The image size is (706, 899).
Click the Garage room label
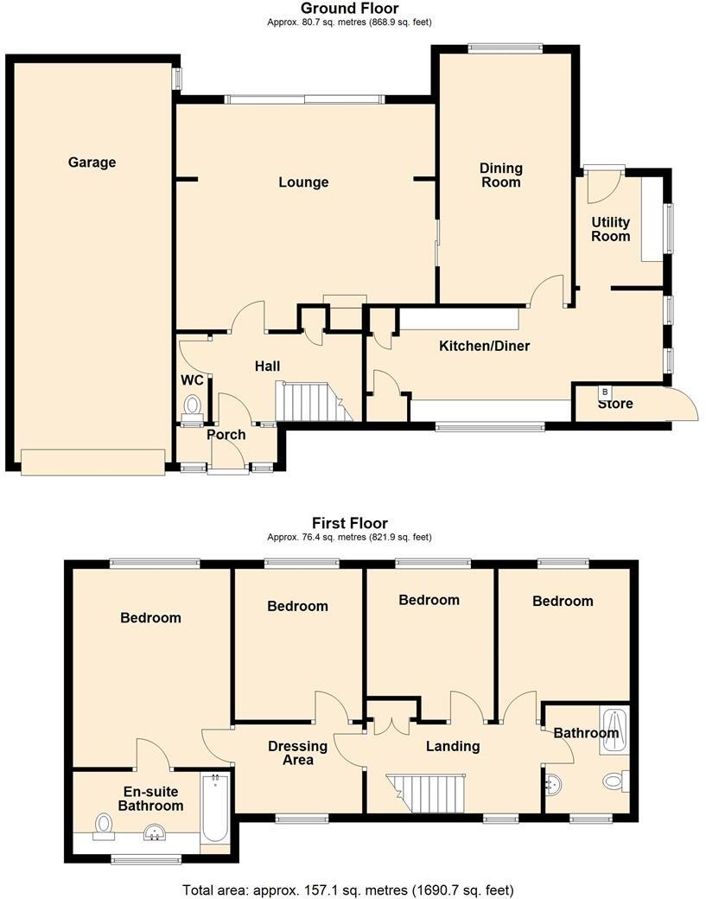tap(92, 163)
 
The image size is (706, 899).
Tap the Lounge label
tap(303, 182)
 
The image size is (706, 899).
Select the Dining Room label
tap(501, 175)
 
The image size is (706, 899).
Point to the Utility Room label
tap(610, 230)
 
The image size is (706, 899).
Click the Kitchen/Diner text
tap(484, 347)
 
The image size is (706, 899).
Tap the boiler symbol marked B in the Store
tap(604, 392)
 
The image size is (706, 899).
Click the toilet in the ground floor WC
tap(192, 405)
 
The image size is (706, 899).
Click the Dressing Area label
tap(297, 753)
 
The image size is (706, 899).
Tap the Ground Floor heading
tap(349, 9)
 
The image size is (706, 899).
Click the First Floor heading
tap(349, 523)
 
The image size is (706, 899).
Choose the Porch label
tap(226, 435)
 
